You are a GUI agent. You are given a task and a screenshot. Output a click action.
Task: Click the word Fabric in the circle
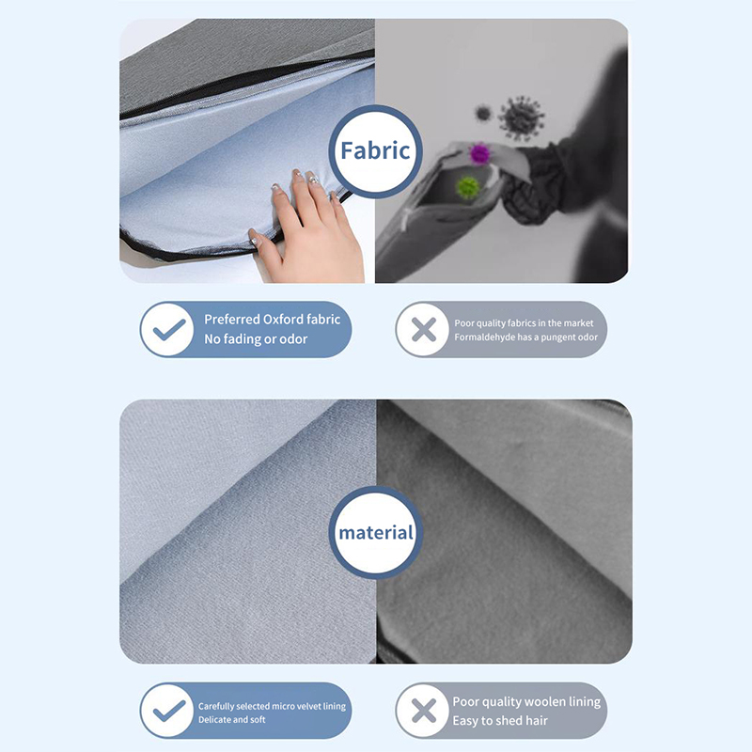pyautogui.click(x=375, y=150)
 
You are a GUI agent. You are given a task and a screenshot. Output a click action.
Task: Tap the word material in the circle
pyautogui.click(x=376, y=532)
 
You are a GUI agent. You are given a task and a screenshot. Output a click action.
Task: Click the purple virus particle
pyautogui.click(x=479, y=153)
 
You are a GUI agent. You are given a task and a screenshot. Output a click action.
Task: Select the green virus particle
pyautogui.click(x=467, y=187)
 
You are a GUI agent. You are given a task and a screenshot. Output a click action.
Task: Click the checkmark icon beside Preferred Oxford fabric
pyautogui.click(x=169, y=330)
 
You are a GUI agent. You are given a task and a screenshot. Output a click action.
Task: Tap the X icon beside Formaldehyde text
pyautogui.click(x=424, y=330)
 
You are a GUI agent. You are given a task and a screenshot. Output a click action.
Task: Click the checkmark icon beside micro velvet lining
pyautogui.click(x=169, y=711)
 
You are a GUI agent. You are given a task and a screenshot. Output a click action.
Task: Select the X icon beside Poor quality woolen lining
pyautogui.click(x=424, y=711)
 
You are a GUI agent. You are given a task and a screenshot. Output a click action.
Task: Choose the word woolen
pyautogui.click(x=542, y=701)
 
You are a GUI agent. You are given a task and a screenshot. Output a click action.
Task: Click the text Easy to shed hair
pyautogui.click(x=500, y=720)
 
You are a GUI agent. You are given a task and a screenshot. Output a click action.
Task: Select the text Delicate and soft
pyautogui.click(x=231, y=719)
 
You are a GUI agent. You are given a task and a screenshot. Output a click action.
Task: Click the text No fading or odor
pyautogui.click(x=256, y=339)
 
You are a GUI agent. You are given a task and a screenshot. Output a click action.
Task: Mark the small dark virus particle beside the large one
pyautogui.click(x=483, y=114)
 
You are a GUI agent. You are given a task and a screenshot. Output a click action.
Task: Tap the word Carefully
pyautogui.click(x=216, y=707)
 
